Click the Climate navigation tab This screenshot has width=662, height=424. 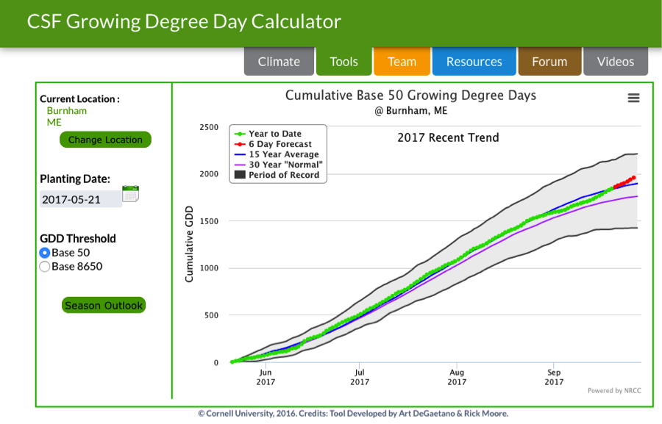(279, 62)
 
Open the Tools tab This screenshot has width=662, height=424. (344, 62)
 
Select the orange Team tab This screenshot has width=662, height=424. (402, 62)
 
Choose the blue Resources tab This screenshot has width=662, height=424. (474, 62)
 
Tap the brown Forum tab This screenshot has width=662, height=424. (549, 62)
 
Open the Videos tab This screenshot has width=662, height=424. (615, 62)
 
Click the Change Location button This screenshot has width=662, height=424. (105, 140)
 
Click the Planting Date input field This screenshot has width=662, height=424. (80, 199)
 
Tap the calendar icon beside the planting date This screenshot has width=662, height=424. (130, 194)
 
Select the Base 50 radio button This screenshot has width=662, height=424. (44, 253)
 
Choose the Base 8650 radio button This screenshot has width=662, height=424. (44, 267)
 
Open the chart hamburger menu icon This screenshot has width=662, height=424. (633, 98)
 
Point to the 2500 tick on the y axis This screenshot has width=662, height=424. (209, 127)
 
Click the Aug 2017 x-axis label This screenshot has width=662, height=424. (457, 377)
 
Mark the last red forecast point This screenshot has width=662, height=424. (633, 177)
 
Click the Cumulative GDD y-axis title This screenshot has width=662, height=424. (189, 245)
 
